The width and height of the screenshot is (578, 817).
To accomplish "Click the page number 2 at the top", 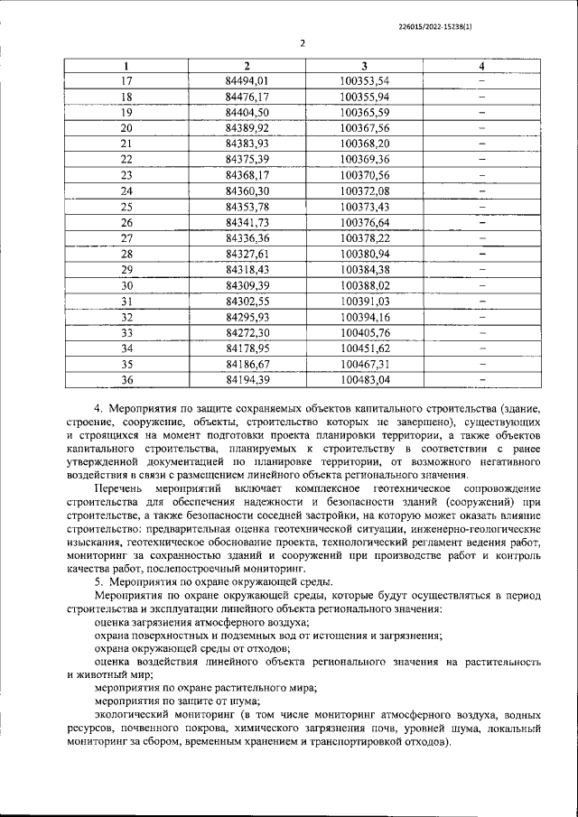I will pyautogui.click(x=303, y=42).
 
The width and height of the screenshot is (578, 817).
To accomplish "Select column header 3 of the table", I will pyautogui.click(x=364, y=66).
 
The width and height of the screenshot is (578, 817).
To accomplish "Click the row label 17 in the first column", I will pyautogui.click(x=126, y=80).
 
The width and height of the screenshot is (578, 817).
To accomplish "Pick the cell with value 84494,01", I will pyautogui.click(x=247, y=80).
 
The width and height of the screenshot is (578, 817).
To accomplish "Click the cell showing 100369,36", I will pyautogui.click(x=365, y=159).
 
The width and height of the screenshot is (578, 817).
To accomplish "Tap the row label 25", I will pyautogui.click(x=126, y=206).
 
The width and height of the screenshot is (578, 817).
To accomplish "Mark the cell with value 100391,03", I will pyautogui.click(x=365, y=301).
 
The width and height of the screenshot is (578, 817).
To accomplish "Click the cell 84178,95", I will pyautogui.click(x=247, y=348).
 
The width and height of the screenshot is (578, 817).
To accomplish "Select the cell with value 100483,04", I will pyautogui.click(x=365, y=379).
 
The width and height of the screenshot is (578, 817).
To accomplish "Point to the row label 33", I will pyautogui.click(x=126, y=332).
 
